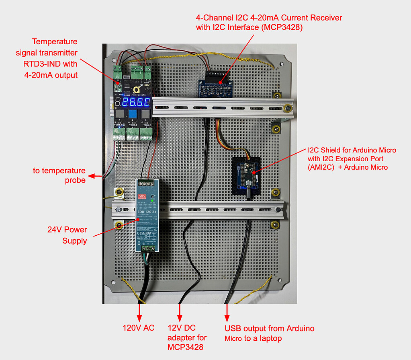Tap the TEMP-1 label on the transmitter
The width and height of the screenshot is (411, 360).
click(x=119, y=125)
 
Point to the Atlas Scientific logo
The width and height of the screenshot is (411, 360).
click(x=137, y=90)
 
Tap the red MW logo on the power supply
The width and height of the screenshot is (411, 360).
click(x=142, y=196)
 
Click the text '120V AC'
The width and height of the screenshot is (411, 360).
click(x=139, y=328)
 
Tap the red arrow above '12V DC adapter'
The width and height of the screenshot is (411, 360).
click(x=180, y=311)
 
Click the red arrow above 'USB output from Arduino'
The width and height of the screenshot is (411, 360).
click(x=227, y=311)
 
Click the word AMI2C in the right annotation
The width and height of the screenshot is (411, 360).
click(x=323, y=167)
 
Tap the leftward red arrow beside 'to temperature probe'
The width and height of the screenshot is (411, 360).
click(x=95, y=176)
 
